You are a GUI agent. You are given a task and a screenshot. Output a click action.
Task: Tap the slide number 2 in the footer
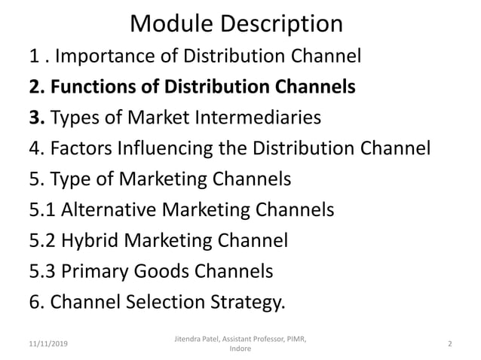pos(449,344)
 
